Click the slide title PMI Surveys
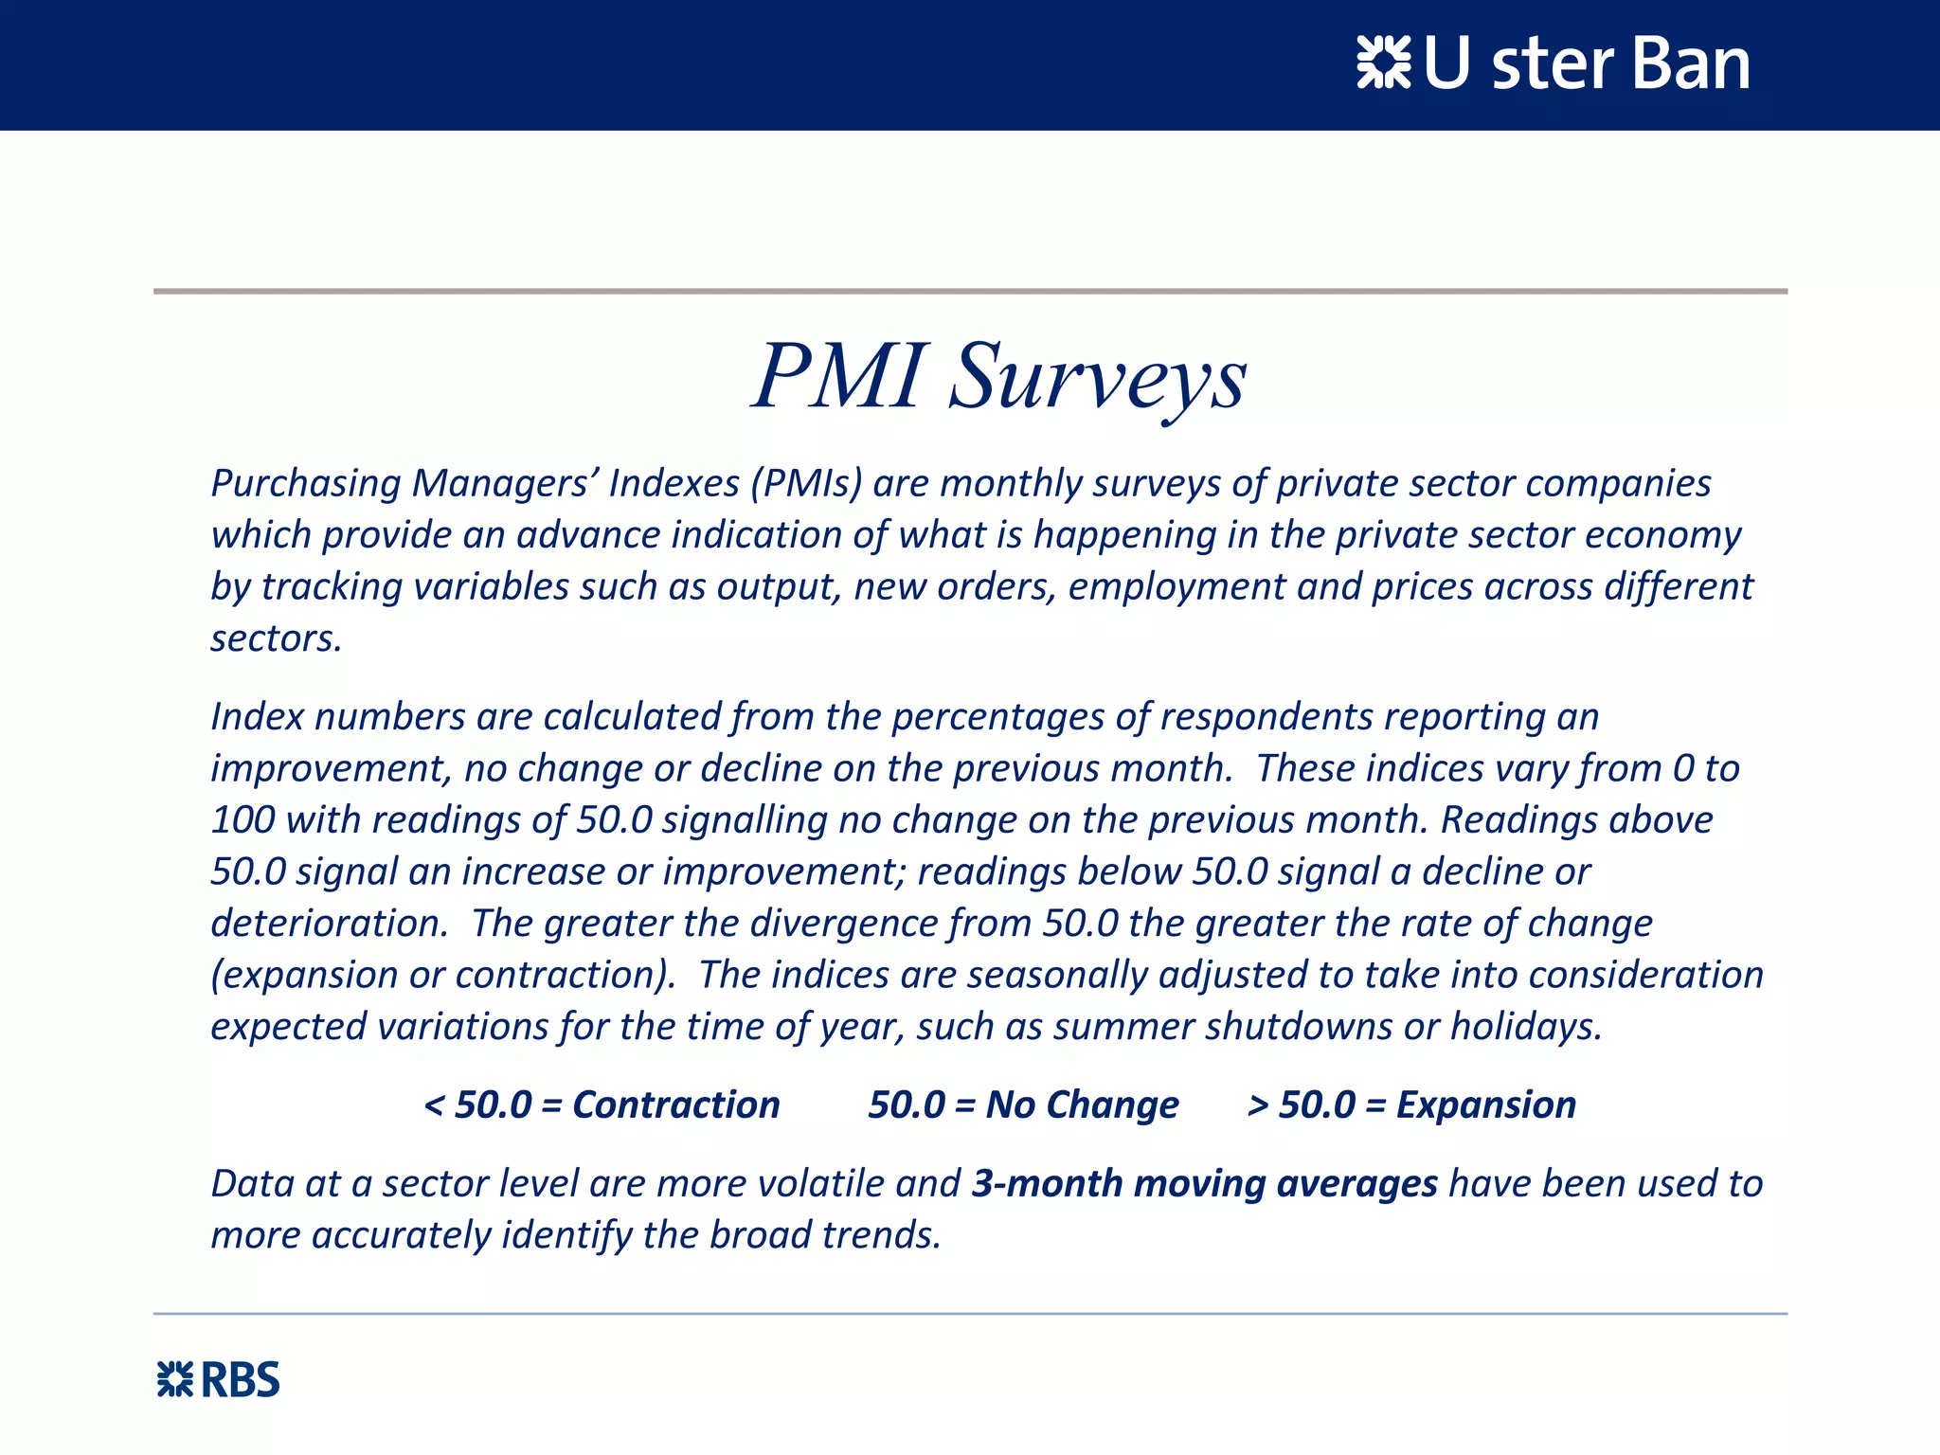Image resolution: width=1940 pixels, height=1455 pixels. coord(999,377)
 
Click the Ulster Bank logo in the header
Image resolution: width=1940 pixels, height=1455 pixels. coord(1554,64)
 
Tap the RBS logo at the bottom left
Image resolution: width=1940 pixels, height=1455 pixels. coord(218,1380)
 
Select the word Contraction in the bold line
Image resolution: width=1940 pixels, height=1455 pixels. coord(675,1105)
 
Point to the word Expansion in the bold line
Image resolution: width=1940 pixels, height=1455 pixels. coord(1485,1105)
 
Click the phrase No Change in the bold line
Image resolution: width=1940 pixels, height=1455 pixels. coord(1082,1105)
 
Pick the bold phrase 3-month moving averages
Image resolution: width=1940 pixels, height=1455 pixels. coord(1204,1184)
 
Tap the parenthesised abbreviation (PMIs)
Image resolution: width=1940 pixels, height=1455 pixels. coord(806,484)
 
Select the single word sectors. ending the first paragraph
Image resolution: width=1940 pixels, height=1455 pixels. coord(276,638)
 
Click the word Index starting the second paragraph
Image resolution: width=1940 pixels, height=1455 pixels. coord(257,716)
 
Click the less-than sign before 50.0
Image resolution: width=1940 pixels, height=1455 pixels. coord(434,1105)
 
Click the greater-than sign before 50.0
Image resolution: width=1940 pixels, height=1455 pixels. coord(1258,1105)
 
